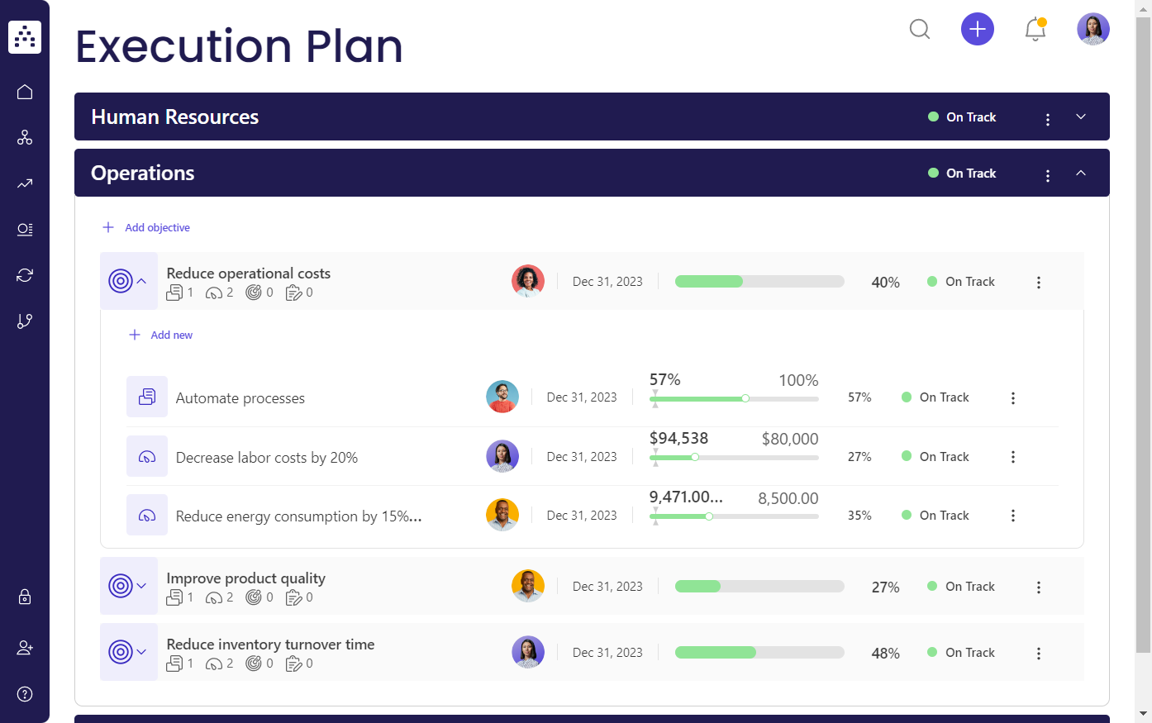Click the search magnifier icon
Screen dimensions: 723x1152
click(x=920, y=30)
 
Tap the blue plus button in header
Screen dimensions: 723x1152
click(x=977, y=30)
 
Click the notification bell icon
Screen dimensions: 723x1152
click(x=1035, y=30)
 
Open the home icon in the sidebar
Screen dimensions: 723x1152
click(x=25, y=92)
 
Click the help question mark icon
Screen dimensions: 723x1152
click(x=25, y=694)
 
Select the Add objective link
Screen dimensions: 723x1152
click(x=157, y=227)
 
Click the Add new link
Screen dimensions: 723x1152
click(x=171, y=335)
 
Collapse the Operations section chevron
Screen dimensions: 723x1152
click(x=1081, y=173)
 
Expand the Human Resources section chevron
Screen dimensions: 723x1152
click(x=1081, y=117)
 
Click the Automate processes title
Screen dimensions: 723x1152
click(x=240, y=398)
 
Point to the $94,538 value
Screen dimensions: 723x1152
click(x=678, y=439)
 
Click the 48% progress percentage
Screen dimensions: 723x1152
click(x=885, y=654)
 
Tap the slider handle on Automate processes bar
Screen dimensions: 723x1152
click(x=745, y=398)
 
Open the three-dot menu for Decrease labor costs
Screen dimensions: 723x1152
click(x=1013, y=457)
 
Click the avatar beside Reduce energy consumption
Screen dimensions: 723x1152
click(x=502, y=515)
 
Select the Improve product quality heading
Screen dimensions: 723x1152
click(x=245, y=578)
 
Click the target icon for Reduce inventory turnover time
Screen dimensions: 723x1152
click(x=121, y=652)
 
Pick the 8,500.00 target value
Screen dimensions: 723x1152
click(x=788, y=499)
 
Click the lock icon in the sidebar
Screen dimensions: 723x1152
click(x=25, y=597)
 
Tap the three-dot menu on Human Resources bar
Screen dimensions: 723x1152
click(x=1048, y=119)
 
